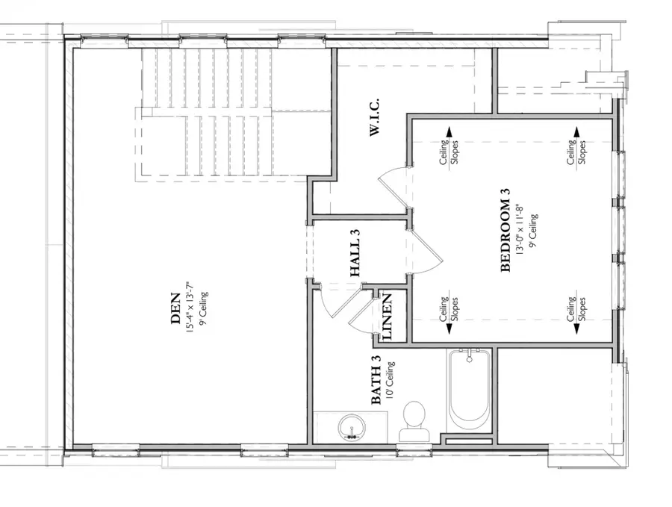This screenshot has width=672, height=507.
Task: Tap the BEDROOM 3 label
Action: pos(505,231)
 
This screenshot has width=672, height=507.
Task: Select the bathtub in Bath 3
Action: pos(468,389)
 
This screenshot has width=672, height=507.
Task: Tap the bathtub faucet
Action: pos(469,357)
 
